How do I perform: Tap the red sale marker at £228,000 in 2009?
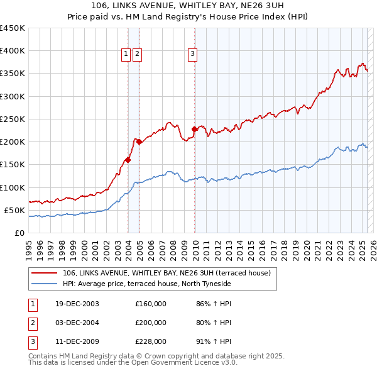pyautogui.click(x=195, y=129)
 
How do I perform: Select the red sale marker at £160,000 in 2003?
pyautogui.click(x=128, y=160)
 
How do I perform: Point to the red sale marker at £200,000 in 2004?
pyautogui.click(x=139, y=141)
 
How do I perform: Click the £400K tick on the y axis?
pyautogui.click(x=13, y=51)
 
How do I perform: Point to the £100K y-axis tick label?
pyautogui.click(x=13, y=187)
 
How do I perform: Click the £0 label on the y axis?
pyautogui.click(x=20, y=233)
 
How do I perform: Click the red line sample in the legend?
pyautogui.click(x=43, y=273)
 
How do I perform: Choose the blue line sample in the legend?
pyautogui.click(x=43, y=284)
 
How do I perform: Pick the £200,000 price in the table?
pyautogui.click(x=151, y=323)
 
